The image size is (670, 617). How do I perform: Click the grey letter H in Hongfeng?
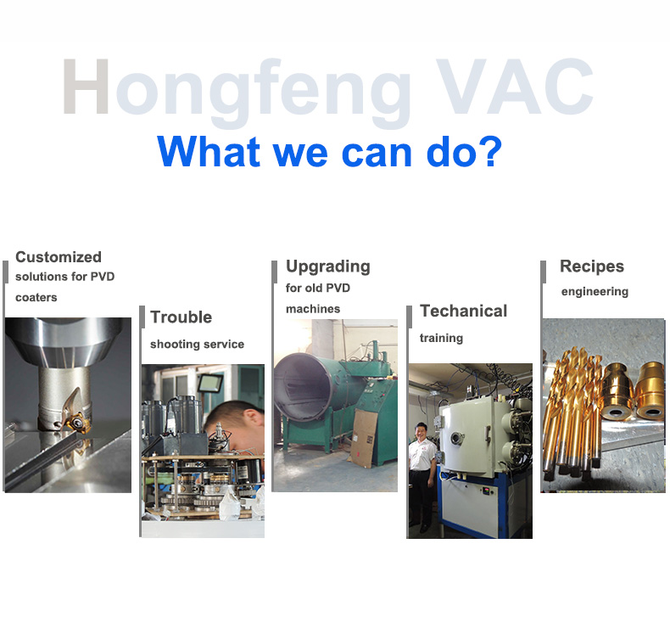coord(86,87)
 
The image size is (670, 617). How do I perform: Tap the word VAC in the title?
coord(515,87)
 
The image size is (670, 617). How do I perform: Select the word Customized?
coord(59,257)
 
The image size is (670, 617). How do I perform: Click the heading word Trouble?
coord(181,317)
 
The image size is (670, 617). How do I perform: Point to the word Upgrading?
coord(328,266)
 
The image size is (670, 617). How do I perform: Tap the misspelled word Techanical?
coord(464,311)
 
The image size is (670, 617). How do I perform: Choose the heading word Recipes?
coord(592,266)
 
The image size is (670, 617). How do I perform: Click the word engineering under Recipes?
coord(595,292)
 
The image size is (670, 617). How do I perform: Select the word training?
coord(441,339)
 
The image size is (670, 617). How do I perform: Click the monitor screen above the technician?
coord(211,384)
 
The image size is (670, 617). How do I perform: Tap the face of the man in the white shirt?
coord(420,433)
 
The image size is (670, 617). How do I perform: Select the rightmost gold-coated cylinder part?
coord(650,390)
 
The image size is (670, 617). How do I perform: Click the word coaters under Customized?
coord(36,298)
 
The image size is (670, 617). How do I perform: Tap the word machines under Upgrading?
coord(313,309)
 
